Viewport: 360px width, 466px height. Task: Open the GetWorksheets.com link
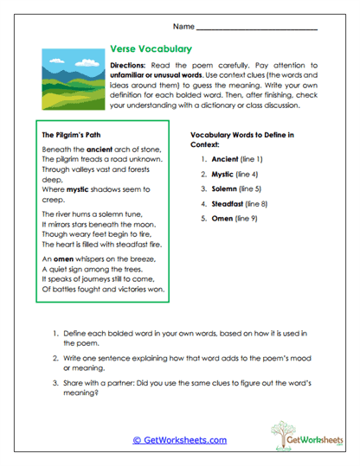(180, 440)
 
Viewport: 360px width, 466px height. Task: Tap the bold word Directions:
(132, 66)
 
